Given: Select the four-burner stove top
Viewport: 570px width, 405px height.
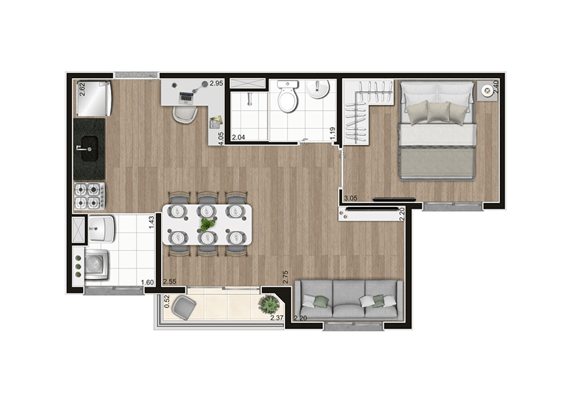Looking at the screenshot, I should pos(90,196).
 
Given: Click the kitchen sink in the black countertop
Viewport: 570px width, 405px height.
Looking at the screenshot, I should pos(88,147).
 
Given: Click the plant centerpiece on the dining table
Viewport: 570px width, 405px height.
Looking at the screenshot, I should pos(207,224).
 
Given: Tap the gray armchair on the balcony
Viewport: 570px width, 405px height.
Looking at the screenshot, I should pos(183,305).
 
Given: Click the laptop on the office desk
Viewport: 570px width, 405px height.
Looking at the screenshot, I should pos(187,94).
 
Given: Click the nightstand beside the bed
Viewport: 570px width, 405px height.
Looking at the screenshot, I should pos(485,91).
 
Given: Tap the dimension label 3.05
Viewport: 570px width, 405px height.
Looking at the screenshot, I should pos(350,198).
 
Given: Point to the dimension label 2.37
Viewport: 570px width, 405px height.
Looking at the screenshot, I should pos(277,319).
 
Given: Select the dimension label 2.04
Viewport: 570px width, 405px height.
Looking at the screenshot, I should pos(239,137).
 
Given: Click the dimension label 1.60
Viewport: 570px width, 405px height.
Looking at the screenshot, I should pos(147,282).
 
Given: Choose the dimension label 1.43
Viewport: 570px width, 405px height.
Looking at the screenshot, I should pos(151,222).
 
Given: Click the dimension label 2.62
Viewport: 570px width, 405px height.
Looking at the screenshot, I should pos(82,90).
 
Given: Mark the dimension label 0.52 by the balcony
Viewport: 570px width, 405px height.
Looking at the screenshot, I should pos(167,301).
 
